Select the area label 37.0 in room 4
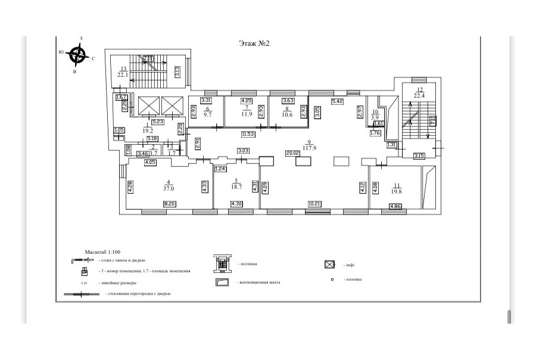[169, 189]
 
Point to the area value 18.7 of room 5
[236, 187]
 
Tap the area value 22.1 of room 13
[123, 75]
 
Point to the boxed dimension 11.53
[247, 134]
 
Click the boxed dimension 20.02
[292, 153]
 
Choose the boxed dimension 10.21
[314, 204]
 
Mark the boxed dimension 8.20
[169, 204]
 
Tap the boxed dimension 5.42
[338, 101]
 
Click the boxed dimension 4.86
[395, 206]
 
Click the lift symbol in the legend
[328, 264]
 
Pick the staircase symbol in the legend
[222, 262]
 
